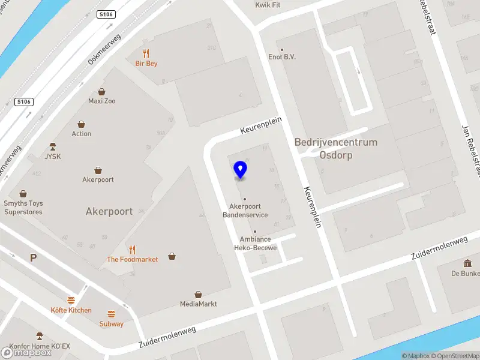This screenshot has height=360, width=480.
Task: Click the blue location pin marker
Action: (241, 170)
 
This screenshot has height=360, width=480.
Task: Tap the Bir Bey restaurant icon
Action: (146, 54)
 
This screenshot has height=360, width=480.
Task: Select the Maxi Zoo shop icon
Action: (102, 92)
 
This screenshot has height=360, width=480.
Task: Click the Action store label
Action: (82, 134)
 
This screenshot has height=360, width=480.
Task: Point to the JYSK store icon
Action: (53, 147)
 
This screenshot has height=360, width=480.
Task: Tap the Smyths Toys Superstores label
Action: (23, 208)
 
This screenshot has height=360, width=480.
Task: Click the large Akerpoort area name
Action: (109, 211)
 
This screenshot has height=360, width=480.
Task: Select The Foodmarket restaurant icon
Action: (132, 250)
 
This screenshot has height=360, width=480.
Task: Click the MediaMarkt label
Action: (198, 304)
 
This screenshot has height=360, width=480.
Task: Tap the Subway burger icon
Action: (111, 314)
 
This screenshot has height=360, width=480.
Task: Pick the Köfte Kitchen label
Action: (71, 310)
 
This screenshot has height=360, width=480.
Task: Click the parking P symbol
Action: (34, 257)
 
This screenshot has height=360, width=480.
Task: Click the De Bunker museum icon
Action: (467, 263)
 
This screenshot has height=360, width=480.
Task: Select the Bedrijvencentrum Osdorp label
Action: (335, 148)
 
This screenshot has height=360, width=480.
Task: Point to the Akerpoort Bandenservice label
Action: (245, 211)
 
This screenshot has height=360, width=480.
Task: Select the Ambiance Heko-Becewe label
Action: (255, 244)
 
